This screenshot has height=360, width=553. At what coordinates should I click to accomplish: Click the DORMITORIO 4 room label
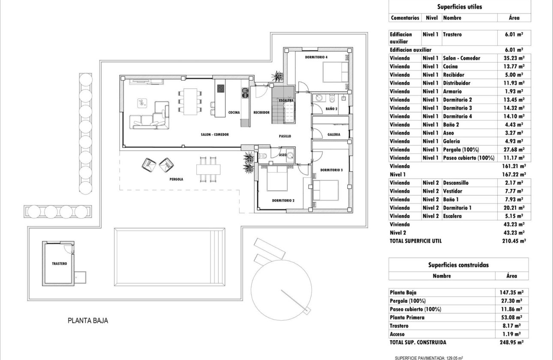pos(316,57)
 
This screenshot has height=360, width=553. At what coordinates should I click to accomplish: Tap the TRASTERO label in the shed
pos(59,264)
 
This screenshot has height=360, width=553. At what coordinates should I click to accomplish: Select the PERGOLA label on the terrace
pos(176,179)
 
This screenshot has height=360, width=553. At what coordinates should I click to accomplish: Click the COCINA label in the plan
pos(234,112)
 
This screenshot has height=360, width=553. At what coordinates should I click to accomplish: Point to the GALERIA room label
pos(334,134)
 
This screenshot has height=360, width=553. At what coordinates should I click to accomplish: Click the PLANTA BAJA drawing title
pos(88,320)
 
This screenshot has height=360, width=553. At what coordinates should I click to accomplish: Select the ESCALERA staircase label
pos(286,100)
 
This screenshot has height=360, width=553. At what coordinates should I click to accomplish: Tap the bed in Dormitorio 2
pos(278,178)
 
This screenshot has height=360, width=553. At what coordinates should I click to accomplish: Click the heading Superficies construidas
pos(459,265)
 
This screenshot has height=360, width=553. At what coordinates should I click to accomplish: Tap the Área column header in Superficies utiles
pos(514,18)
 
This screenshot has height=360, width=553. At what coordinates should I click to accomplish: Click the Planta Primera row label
pos(407,318)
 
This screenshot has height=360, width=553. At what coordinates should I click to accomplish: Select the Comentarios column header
pos(405,18)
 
